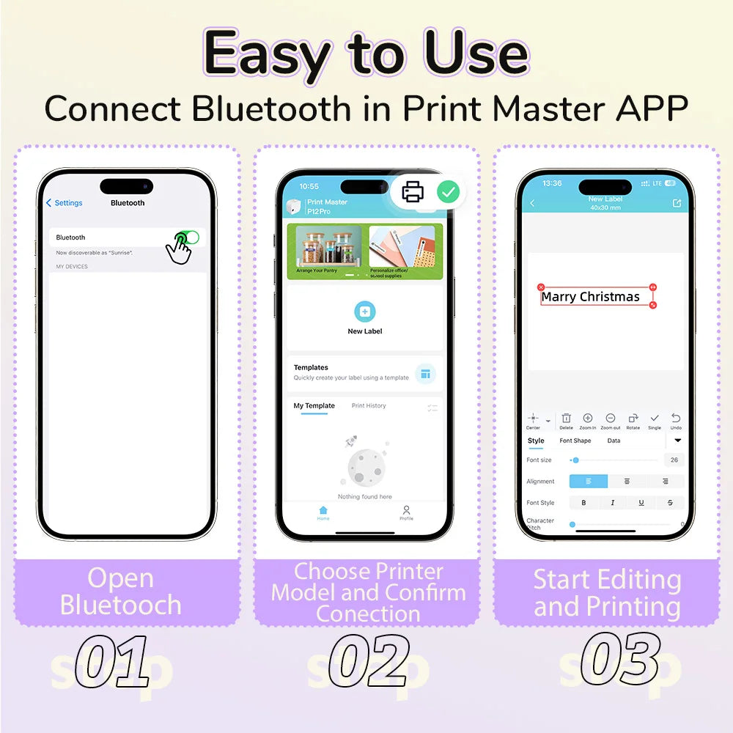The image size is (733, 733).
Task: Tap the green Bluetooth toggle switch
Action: pos(188,237)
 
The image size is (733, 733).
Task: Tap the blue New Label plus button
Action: pos(365,312)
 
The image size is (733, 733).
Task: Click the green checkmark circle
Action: pos(449,192)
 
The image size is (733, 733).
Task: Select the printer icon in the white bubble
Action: pos(413,192)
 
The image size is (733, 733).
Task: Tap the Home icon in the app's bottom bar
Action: pos(323,511)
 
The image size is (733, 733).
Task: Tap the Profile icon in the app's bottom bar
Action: pos(406,511)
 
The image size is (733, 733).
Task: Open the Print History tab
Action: pos(369,405)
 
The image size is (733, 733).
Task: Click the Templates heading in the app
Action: pos(311,367)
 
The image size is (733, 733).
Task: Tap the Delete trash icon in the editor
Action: pos(566,419)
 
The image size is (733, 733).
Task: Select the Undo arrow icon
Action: pos(676,419)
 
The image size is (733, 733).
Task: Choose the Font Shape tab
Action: pos(575,441)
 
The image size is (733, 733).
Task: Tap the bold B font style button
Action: pos(583,503)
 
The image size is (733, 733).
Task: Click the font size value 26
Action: pos(674,460)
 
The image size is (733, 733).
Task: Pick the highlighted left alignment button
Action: pos(589,482)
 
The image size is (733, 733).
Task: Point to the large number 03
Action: pos(620,659)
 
